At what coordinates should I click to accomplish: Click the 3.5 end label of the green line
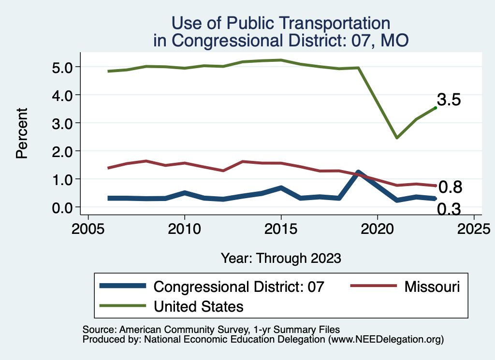449,100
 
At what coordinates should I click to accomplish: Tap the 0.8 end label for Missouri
450,187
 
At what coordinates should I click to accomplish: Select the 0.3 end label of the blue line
449,209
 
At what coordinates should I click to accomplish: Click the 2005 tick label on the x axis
88,229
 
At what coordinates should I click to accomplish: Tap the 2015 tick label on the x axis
281,229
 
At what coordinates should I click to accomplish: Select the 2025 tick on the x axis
474,229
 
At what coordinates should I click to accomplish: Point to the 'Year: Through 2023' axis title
281,258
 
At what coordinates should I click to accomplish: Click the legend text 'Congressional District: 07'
238,287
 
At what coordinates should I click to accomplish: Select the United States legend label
198,306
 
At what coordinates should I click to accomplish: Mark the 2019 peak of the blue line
358,173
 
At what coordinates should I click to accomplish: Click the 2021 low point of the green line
396,138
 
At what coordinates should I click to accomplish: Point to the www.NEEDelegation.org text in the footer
386,340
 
